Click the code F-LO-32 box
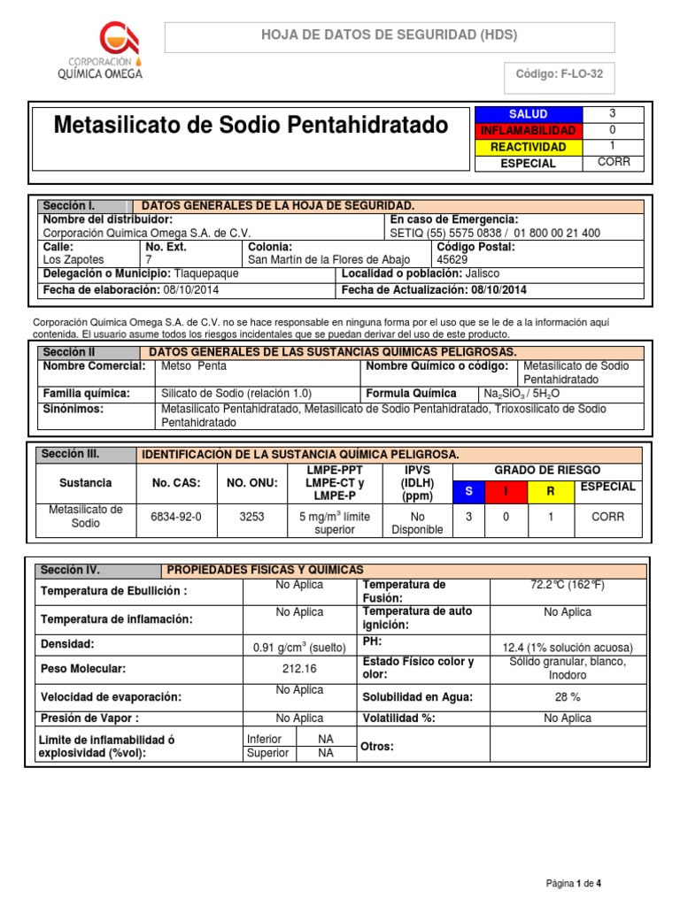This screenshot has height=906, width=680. coord(559,74)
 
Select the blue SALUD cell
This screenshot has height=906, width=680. coord(529,114)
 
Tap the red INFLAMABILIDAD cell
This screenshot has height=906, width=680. coord(529,130)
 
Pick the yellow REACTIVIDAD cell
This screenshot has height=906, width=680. coord(529,147)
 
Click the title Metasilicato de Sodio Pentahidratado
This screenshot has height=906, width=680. coord(251,126)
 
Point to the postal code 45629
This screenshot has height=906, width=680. coord(452,260)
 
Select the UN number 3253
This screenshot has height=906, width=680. coord(252,517)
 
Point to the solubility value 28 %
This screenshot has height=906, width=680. coord(568,697)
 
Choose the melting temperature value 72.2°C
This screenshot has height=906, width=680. coord(568,586)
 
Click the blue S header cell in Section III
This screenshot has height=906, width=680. coord(469,491)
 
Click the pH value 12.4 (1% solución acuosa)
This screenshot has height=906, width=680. coord(568,647)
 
